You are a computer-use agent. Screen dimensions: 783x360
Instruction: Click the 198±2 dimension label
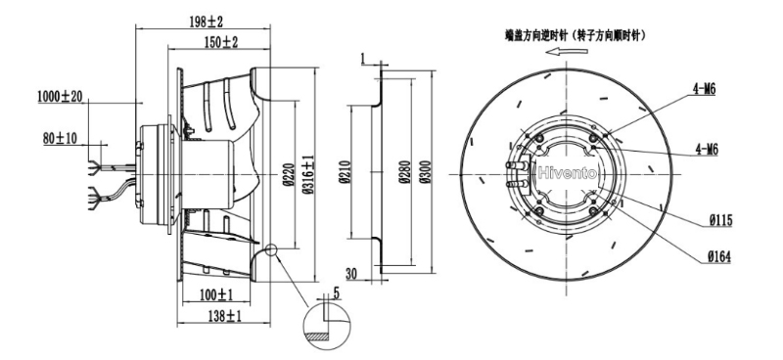click(206, 22)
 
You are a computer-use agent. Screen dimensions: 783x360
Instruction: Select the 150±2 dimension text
click(221, 42)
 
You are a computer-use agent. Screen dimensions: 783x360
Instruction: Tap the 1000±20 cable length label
click(60, 97)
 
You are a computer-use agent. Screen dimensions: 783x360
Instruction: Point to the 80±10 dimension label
click(60, 138)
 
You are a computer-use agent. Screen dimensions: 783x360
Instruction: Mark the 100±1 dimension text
click(216, 295)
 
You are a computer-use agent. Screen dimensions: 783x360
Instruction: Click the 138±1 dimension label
click(224, 316)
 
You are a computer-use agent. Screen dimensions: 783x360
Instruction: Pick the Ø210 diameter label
click(345, 172)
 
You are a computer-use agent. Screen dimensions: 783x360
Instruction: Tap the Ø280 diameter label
click(404, 172)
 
